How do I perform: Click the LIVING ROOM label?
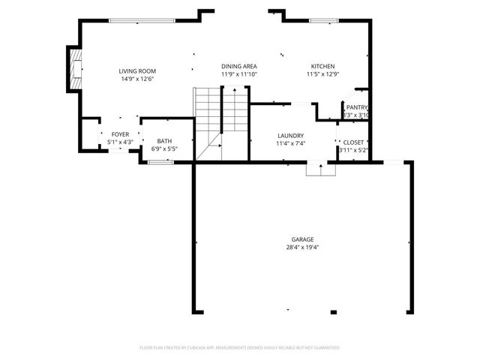click(137, 70)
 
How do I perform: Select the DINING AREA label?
click(238, 66)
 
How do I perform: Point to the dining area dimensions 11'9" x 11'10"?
click(238, 74)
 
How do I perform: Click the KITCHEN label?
click(322, 66)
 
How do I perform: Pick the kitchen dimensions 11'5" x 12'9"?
click(322, 74)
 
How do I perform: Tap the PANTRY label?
click(357, 107)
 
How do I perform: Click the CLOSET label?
click(354, 142)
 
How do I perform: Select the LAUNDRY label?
click(290, 136)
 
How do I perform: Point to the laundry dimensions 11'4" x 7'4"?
click(290, 143)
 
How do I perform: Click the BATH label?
click(164, 141)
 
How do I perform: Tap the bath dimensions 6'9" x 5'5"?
click(164, 148)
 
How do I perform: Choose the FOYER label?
click(120, 133)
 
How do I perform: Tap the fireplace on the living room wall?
click(73, 70)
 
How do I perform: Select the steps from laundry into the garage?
click(321, 169)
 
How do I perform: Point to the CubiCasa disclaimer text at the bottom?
click(240, 347)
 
